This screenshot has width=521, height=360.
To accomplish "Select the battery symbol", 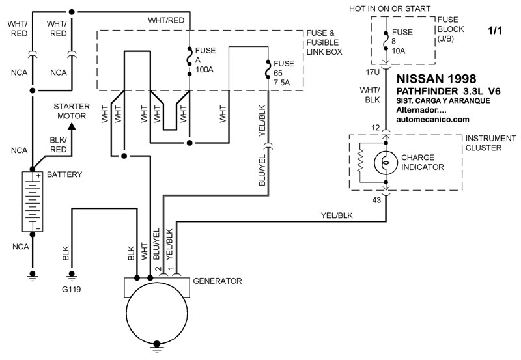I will point(31,202).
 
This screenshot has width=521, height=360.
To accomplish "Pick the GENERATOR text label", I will point(218,281).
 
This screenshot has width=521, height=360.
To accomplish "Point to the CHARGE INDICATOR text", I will point(423,162).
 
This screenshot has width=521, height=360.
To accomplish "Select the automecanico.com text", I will point(432,120).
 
